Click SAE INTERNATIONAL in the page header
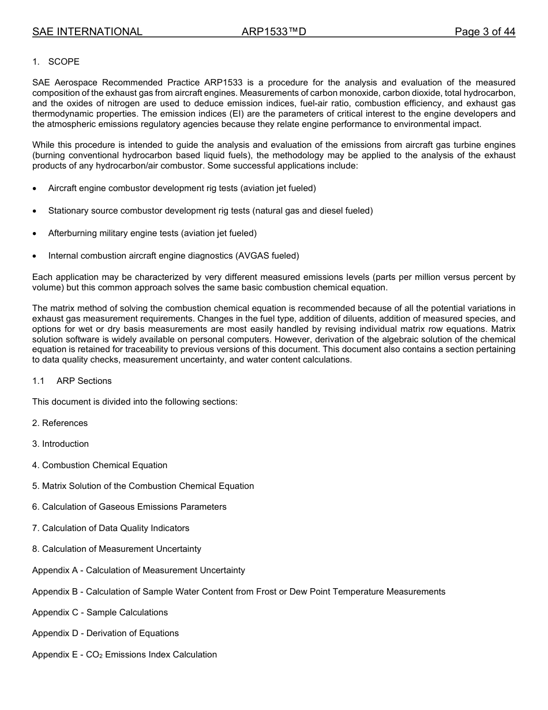[x=87, y=32]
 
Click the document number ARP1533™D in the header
[x=273, y=32]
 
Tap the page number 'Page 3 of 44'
[x=485, y=32]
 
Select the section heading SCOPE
[x=64, y=62]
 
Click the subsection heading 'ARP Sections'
[x=84, y=381]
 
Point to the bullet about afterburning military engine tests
[x=152, y=233]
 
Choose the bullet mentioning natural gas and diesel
[x=211, y=211]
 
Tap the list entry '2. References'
[x=60, y=423]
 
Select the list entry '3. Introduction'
[x=61, y=444]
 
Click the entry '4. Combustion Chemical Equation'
[x=100, y=465]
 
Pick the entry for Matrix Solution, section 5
[x=143, y=486]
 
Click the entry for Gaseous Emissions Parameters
[x=129, y=507]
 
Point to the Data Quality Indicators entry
[x=111, y=528]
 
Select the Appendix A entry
[x=138, y=570]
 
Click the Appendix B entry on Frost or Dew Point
[x=239, y=592]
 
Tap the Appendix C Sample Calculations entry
[x=100, y=612]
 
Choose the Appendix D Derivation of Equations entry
[x=106, y=633]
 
